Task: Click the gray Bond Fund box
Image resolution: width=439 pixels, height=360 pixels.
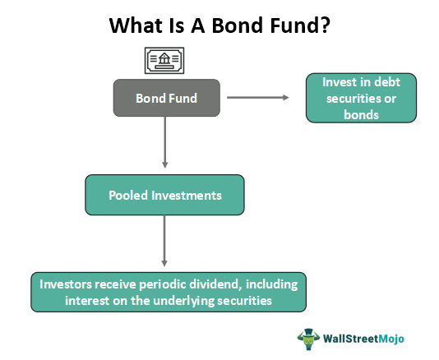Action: (166, 98)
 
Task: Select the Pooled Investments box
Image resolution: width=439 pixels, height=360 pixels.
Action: (164, 196)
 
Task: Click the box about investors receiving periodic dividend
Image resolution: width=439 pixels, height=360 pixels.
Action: (168, 291)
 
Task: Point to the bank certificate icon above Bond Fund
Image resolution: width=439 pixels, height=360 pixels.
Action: (165, 61)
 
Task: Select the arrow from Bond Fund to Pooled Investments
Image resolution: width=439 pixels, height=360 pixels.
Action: (166, 144)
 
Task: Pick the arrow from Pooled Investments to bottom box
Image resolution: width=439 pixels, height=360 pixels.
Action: (164, 242)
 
